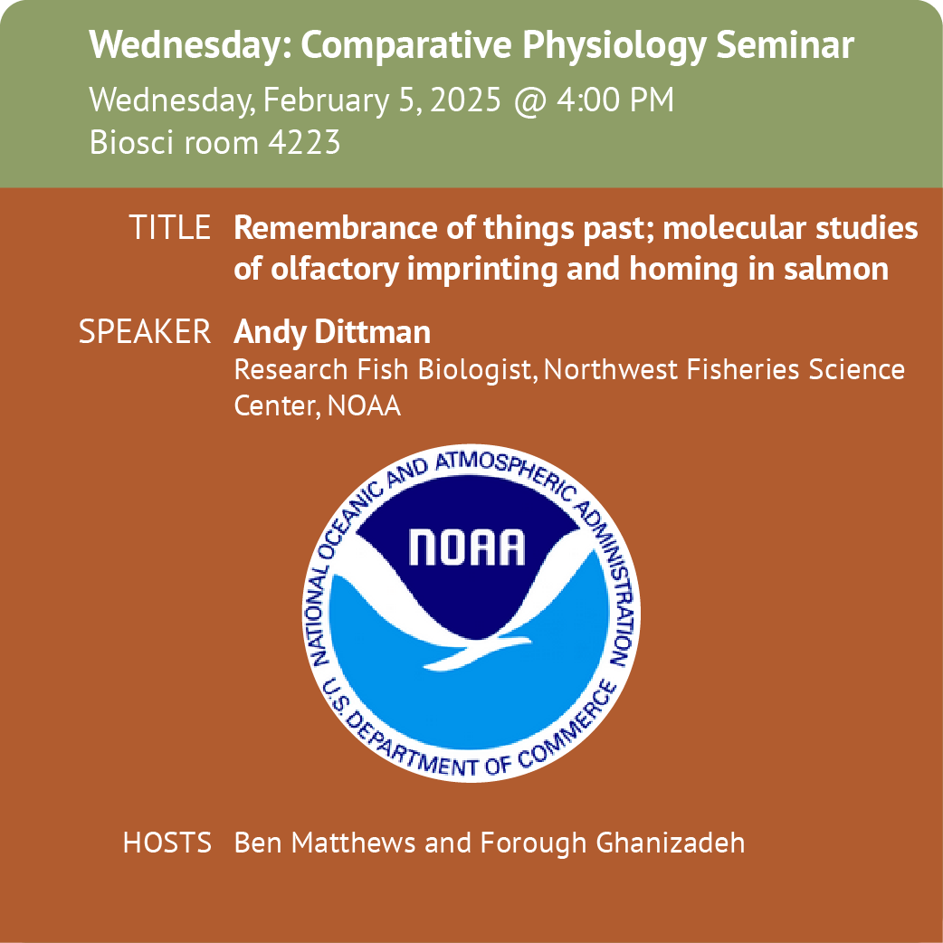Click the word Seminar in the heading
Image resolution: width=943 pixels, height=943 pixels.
pyautogui.click(x=786, y=44)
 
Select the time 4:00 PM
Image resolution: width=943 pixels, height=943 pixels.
pyautogui.click(x=614, y=100)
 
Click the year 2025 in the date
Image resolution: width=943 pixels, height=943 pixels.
pyautogui.click(x=465, y=100)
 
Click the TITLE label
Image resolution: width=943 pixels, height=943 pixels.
pyautogui.click(x=170, y=227)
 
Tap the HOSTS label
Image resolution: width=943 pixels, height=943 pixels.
pyautogui.click(x=167, y=843)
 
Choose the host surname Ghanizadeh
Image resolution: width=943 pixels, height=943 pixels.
pyautogui.click(x=670, y=843)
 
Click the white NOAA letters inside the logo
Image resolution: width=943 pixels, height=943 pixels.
pyautogui.click(x=467, y=548)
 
